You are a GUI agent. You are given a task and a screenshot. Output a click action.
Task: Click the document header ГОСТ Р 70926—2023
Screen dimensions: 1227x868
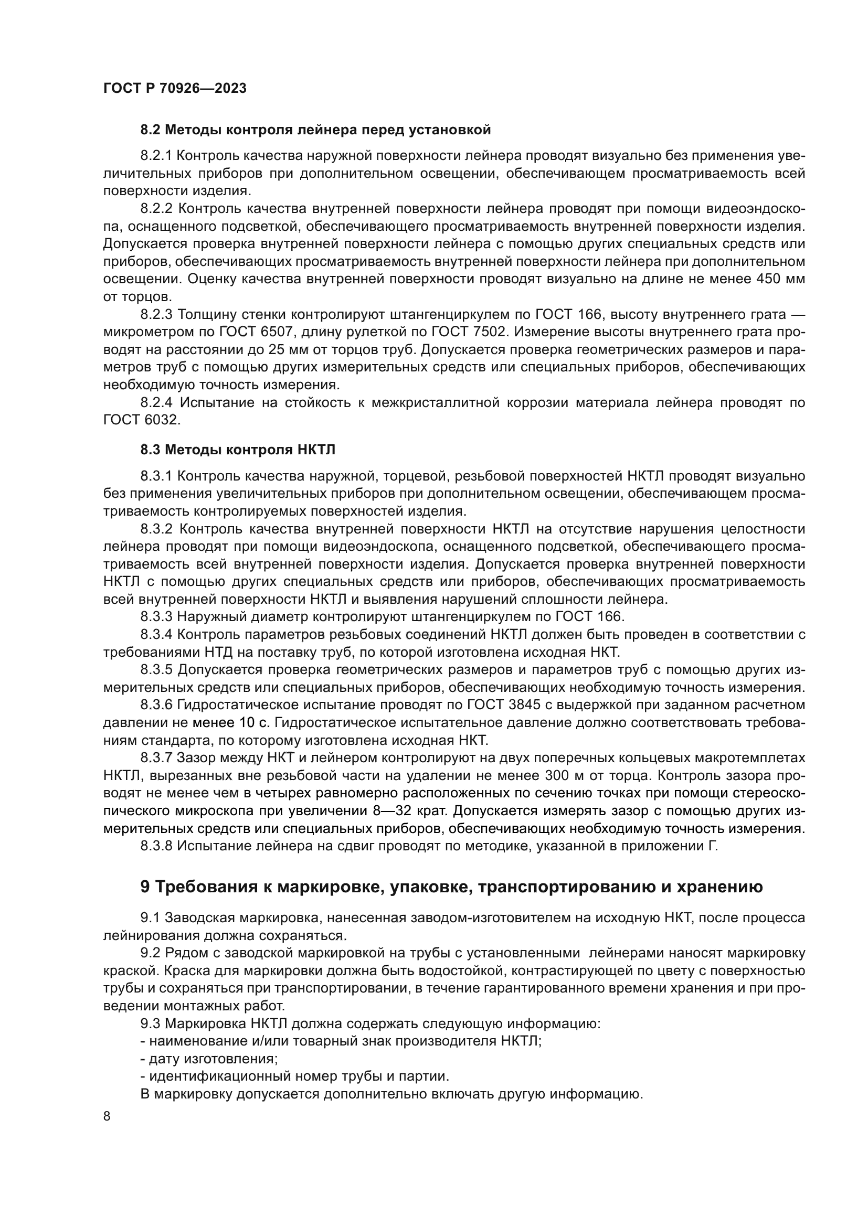(x=175, y=89)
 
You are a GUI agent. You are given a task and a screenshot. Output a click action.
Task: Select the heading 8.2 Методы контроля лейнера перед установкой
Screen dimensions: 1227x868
(x=315, y=130)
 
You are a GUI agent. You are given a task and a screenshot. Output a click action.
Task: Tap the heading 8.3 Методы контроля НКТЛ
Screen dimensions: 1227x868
(x=238, y=450)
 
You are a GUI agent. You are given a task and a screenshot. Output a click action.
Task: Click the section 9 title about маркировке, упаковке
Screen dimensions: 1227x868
(x=452, y=887)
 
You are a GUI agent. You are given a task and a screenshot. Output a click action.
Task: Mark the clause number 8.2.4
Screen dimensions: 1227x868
(x=156, y=402)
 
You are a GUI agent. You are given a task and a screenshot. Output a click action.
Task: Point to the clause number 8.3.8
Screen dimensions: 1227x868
(x=156, y=846)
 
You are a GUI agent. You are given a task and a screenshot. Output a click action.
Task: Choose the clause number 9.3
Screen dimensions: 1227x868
(x=150, y=1024)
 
